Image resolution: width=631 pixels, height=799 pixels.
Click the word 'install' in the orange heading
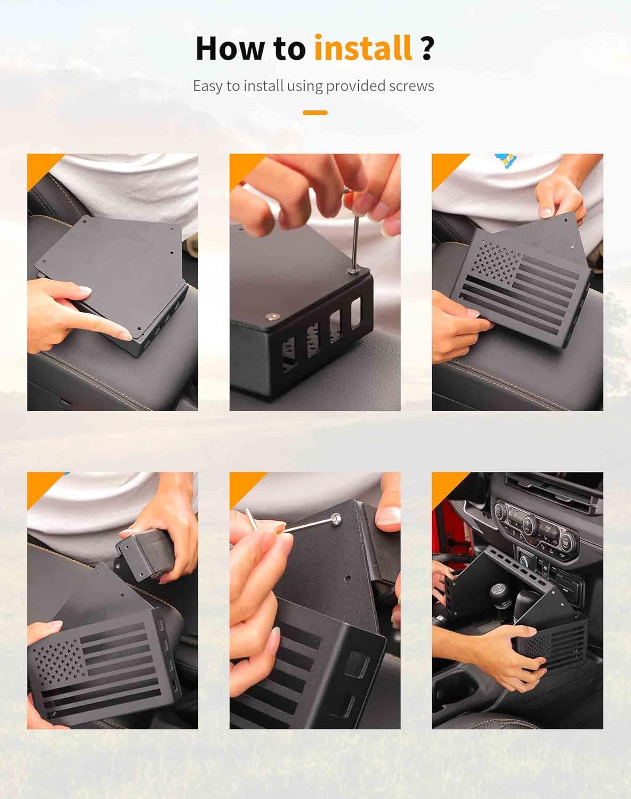tap(362, 48)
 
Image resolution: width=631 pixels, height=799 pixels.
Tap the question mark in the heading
tap(427, 48)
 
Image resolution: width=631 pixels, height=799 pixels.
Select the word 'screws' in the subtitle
tap(411, 86)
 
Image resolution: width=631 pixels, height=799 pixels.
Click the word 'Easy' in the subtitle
tap(207, 86)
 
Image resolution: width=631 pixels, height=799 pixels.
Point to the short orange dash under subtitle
tap(315, 112)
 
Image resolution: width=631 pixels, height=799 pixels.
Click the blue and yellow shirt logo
tap(506, 160)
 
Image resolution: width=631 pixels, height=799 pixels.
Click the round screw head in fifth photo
tap(336, 518)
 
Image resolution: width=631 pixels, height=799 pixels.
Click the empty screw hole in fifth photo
tap(347, 577)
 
